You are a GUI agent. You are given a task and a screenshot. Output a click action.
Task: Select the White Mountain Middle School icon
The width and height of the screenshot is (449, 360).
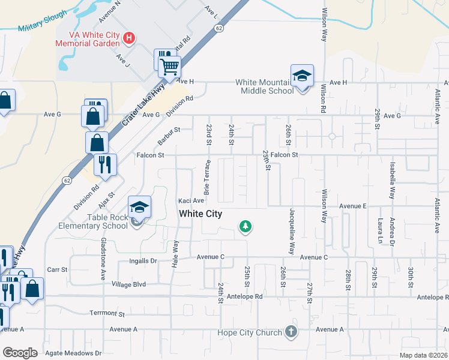(x=302, y=76)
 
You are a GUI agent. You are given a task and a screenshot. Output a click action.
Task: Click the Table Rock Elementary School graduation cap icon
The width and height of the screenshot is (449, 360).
(x=139, y=208)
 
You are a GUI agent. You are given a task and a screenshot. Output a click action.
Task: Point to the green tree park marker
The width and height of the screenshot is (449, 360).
(x=245, y=226)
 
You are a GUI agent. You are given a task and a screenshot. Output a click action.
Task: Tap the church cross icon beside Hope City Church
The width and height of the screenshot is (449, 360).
(x=291, y=332)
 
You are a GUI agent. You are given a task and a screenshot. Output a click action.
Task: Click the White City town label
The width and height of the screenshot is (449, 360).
(x=200, y=214)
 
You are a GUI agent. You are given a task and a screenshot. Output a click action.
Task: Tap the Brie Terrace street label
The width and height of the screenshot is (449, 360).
(x=208, y=177)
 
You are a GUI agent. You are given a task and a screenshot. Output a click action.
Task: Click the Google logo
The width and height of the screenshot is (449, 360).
(x=20, y=353)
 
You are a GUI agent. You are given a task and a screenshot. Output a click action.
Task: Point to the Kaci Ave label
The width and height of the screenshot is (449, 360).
(x=191, y=200)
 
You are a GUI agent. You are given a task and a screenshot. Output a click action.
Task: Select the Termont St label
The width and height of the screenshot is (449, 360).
(x=107, y=313)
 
